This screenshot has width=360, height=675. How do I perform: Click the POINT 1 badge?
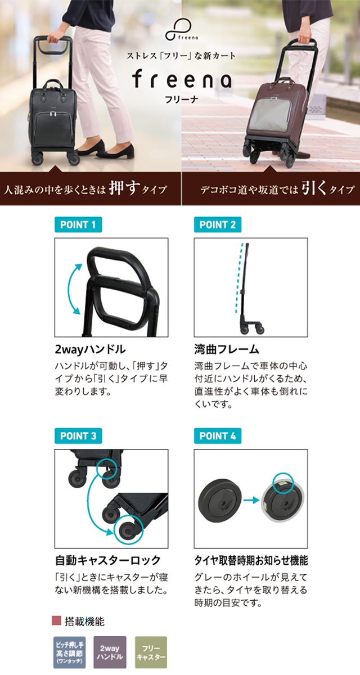point(78,224)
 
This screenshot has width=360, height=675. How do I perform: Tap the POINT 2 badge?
point(218,224)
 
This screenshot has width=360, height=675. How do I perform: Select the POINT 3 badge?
point(78,436)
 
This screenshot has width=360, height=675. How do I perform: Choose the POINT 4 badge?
point(218,436)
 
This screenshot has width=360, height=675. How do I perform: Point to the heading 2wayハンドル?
point(90,349)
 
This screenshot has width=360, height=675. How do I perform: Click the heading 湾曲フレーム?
point(227,349)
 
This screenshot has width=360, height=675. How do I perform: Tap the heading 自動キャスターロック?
point(107,560)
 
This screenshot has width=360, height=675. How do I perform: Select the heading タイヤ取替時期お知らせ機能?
point(251,560)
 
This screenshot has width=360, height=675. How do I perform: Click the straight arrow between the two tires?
point(251,501)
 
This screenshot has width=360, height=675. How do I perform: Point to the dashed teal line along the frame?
point(238,278)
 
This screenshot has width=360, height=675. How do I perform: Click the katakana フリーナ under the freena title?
point(181,99)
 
